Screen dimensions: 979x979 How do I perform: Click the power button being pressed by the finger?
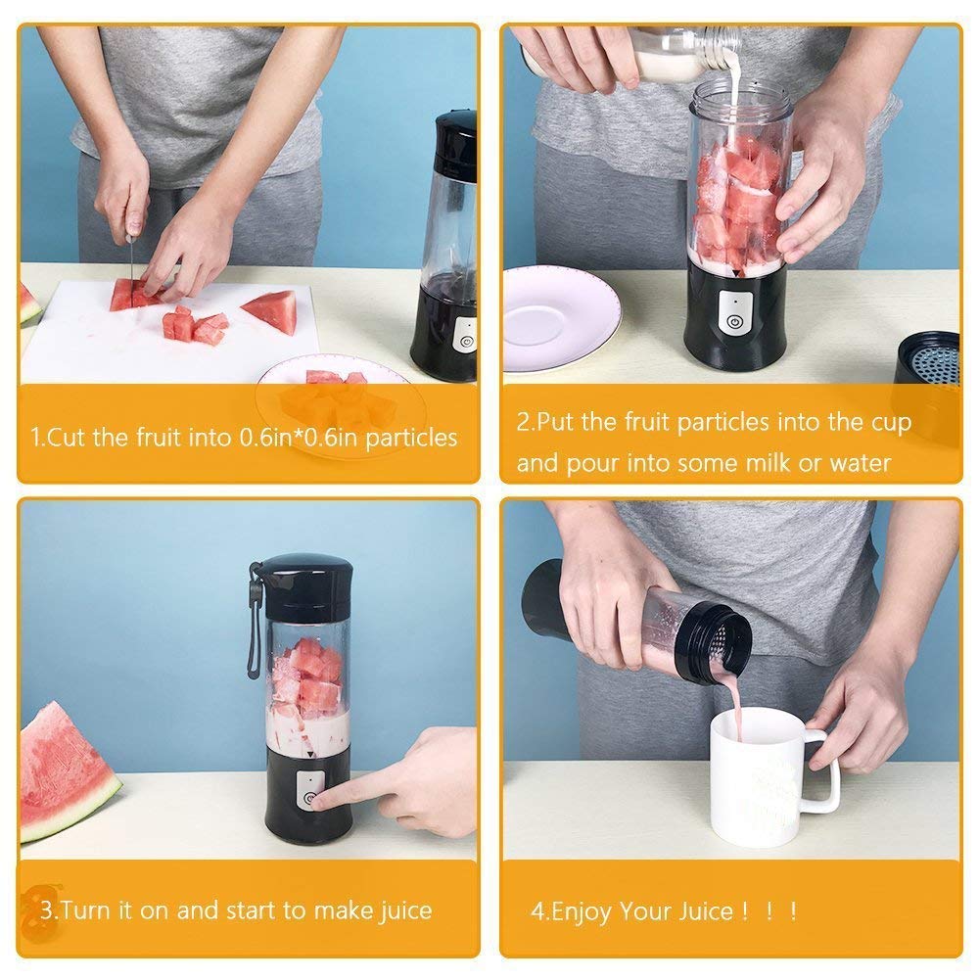coord(310,799)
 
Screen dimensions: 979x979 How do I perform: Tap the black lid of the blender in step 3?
coord(306,587)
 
